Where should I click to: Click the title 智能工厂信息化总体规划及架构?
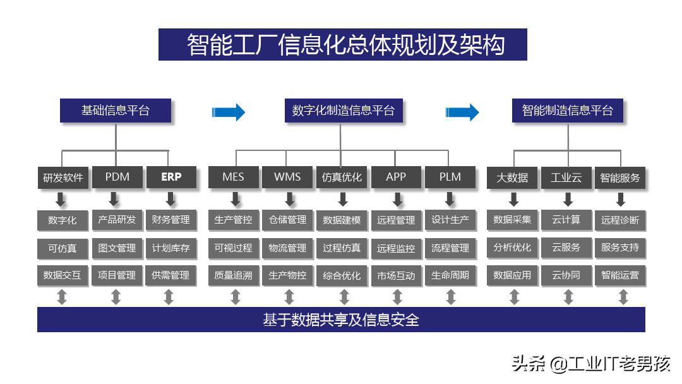click(x=342, y=45)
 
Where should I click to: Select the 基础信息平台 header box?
click(x=116, y=111)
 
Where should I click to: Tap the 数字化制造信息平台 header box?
click(x=343, y=111)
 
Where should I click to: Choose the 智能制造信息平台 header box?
click(x=567, y=111)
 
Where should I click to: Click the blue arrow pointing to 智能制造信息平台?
click(x=462, y=112)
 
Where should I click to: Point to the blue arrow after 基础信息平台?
click(x=228, y=112)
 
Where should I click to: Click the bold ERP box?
click(x=170, y=177)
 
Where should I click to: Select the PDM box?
click(x=117, y=177)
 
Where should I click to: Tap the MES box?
click(x=234, y=177)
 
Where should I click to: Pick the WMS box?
click(x=287, y=177)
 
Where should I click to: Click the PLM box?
click(x=450, y=177)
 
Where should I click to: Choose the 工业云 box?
click(x=566, y=177)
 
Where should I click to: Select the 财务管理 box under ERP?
click(x=170, y=220)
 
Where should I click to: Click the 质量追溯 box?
click(x=234, y=275)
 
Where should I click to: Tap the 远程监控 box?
click(x=396, y=248)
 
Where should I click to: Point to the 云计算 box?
click(x=566, y=220)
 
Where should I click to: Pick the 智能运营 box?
click(x=620, y=275)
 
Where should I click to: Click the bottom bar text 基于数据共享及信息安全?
click(x=341, y=320)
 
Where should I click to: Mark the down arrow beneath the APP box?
click(x=397, y=200)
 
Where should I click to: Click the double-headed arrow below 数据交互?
click(x=62, y=296)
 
